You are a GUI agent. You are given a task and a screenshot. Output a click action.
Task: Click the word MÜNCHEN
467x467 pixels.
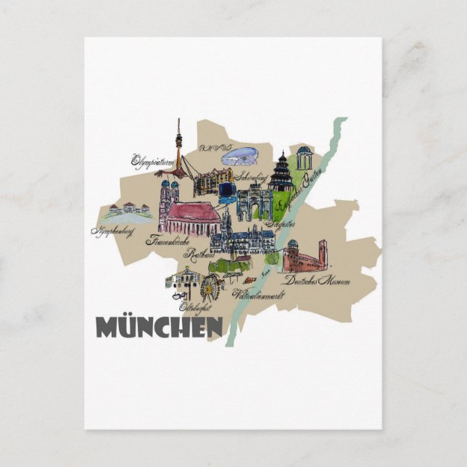pos(159,327)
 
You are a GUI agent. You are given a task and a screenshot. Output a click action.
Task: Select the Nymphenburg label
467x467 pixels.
pos(115,233)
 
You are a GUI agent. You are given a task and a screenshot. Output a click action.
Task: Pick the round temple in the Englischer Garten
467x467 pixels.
pos(303,158)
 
